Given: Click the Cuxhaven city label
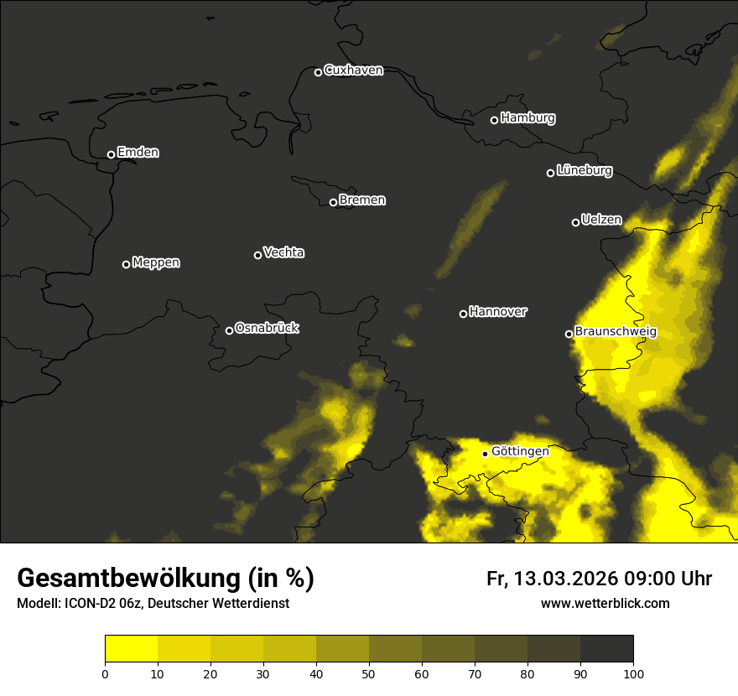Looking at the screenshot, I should (x=353, y=70).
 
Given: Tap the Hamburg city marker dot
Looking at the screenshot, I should (x=494, y=120).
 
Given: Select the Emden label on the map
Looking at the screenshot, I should (x=138, y=153).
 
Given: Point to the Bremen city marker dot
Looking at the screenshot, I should (x=333, y=202).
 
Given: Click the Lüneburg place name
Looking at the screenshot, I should (x=584, y=171).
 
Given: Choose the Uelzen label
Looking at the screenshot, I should (x=601, y=221).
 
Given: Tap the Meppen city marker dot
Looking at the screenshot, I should (x=126, y=264).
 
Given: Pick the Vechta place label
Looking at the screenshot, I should (x=283, y=252).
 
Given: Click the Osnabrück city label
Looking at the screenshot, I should (x=267, y=328).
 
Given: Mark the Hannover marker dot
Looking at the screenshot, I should (x=463, y=314).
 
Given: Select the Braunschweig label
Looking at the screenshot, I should (x=616, y=332).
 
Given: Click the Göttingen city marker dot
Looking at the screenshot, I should (x=485, y=454).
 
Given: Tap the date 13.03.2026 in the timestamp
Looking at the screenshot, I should (x=566, y=579).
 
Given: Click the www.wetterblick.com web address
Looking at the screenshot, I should (x=605, y=603).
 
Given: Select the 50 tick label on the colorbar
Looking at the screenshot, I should (x=369, y=673).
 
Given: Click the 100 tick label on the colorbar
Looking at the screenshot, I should (x=633, y=673).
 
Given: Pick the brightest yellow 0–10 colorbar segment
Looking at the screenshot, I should (x=131, y=649).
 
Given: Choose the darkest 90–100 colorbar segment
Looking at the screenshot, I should (x=606, y=649).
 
